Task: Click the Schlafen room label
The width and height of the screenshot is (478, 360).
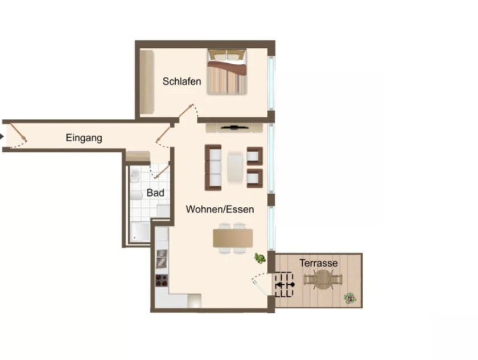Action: [x=182, y=81]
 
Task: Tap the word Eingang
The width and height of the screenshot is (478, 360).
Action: [x=84, y=138]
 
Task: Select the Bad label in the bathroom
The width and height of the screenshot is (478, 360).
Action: [x=155, y=193]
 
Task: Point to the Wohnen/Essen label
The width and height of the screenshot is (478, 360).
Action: [x=220, y=209]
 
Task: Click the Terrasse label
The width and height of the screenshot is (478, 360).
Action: [x=319, y=263]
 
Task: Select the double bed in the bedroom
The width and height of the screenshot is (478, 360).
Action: [x=227, y=72]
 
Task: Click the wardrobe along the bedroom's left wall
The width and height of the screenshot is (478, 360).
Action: [x=147, y=82]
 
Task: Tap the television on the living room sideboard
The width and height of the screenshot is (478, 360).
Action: [x=234, y=128]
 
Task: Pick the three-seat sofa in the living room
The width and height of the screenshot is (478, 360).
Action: [x=213, y=167]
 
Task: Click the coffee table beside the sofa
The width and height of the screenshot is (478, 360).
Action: [x=235, y=168]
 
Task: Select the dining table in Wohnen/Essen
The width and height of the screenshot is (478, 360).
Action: [x=233, y=238]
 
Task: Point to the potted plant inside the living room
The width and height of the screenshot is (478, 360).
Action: [x=259, y=259]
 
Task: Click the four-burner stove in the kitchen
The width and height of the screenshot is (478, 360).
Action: [x=162, y=280]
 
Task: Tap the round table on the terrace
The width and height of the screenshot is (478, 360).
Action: [x=323, y=280]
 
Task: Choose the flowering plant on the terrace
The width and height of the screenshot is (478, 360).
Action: [x=351, y=298]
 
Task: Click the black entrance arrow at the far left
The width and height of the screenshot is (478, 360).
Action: [x=2, y=137]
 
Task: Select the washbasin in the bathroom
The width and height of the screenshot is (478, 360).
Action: [x=135, y=176]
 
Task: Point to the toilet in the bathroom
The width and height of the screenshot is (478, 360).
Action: [x=136, y=195]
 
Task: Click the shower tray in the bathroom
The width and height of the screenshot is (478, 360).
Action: [x=140, y=232]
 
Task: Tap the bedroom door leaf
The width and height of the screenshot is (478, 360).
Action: [x=186, y=111]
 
